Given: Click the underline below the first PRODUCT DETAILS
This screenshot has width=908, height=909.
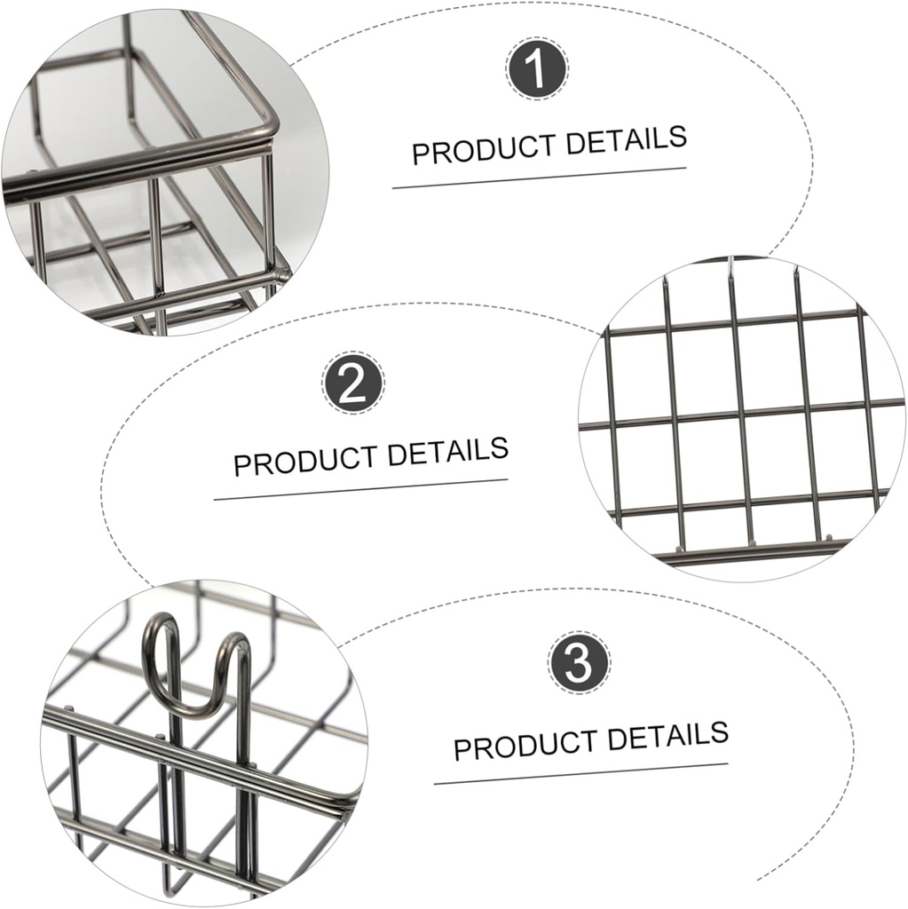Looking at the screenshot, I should click(539, 178).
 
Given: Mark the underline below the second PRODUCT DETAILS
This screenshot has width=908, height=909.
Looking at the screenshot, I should click(360, 489).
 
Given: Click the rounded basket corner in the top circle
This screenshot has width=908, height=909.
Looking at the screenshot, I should click(261, 124).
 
